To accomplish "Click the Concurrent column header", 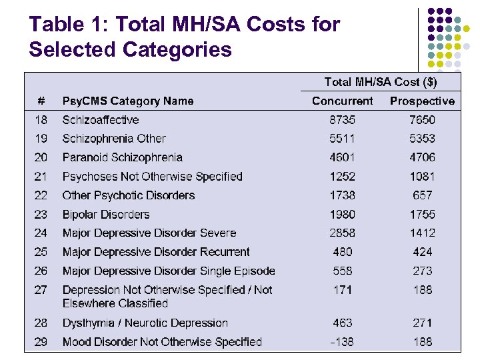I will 342,101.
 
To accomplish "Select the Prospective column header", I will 422,101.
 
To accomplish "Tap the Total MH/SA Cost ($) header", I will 381,82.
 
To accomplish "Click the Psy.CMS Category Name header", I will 128,101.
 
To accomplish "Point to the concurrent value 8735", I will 342,120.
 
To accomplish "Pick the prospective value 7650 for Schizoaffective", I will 422,120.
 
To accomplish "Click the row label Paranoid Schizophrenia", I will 122,157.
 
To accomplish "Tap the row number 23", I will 41,215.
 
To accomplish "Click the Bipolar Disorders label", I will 106,215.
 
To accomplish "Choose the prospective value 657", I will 422,195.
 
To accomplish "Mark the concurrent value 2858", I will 342,233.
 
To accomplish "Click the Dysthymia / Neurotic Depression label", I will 145,323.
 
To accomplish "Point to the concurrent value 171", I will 342,290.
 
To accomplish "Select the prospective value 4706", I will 422,157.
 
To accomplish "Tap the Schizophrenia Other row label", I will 114,139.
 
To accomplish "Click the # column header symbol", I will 41,101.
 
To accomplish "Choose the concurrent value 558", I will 342,271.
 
